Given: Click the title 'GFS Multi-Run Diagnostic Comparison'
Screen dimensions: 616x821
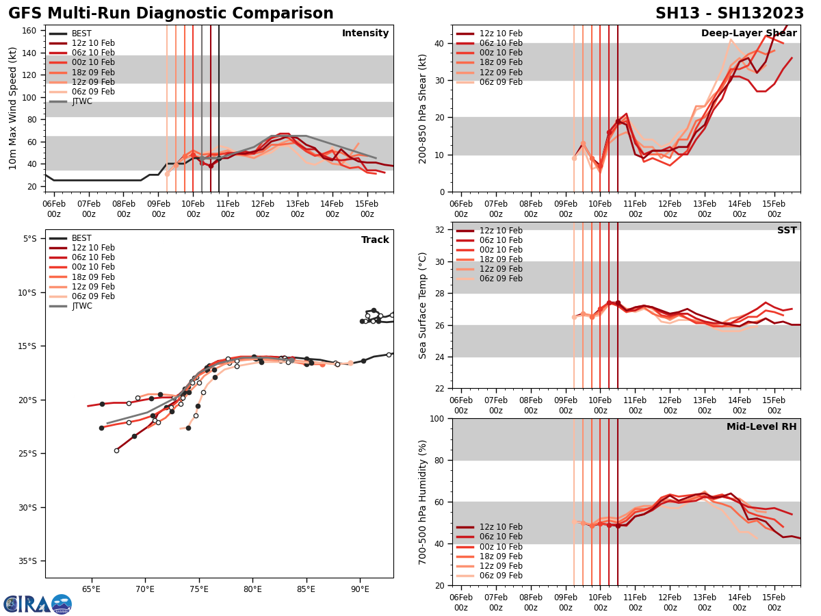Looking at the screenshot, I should (171, 14).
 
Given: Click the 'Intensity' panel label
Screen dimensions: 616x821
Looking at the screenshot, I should (365, 34).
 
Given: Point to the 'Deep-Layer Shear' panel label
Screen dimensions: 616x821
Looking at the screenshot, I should (748, 34).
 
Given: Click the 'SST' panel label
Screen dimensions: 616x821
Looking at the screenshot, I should (787, 231).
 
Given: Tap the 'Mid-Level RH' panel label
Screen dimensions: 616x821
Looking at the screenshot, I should (761, 427).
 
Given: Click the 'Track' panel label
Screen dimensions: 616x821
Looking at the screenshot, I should (375, 240).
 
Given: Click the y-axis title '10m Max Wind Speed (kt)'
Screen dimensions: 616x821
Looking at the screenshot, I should (13, 108).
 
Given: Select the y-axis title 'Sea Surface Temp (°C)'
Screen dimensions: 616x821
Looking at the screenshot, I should (423, 305).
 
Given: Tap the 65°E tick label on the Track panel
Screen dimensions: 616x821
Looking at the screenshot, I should (92, 589).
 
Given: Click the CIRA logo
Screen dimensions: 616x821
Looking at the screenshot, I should (37, 604).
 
